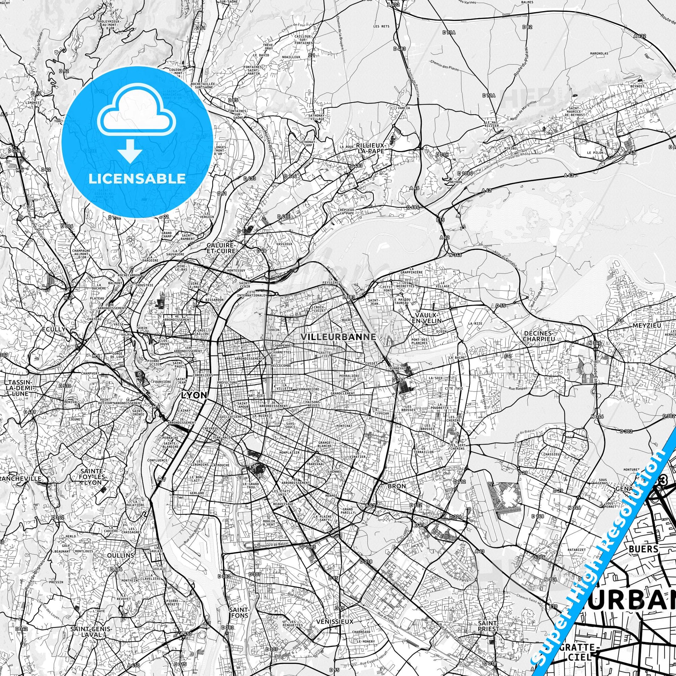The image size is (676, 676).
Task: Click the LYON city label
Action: click(x=194, y=395)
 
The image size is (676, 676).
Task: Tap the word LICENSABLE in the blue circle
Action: click(x=137, y=179)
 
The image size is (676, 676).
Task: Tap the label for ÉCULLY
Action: click(x=53, y=329)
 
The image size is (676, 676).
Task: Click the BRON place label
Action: click(x=396, y=486)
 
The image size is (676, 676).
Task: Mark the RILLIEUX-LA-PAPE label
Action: click(x=370, y=148)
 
